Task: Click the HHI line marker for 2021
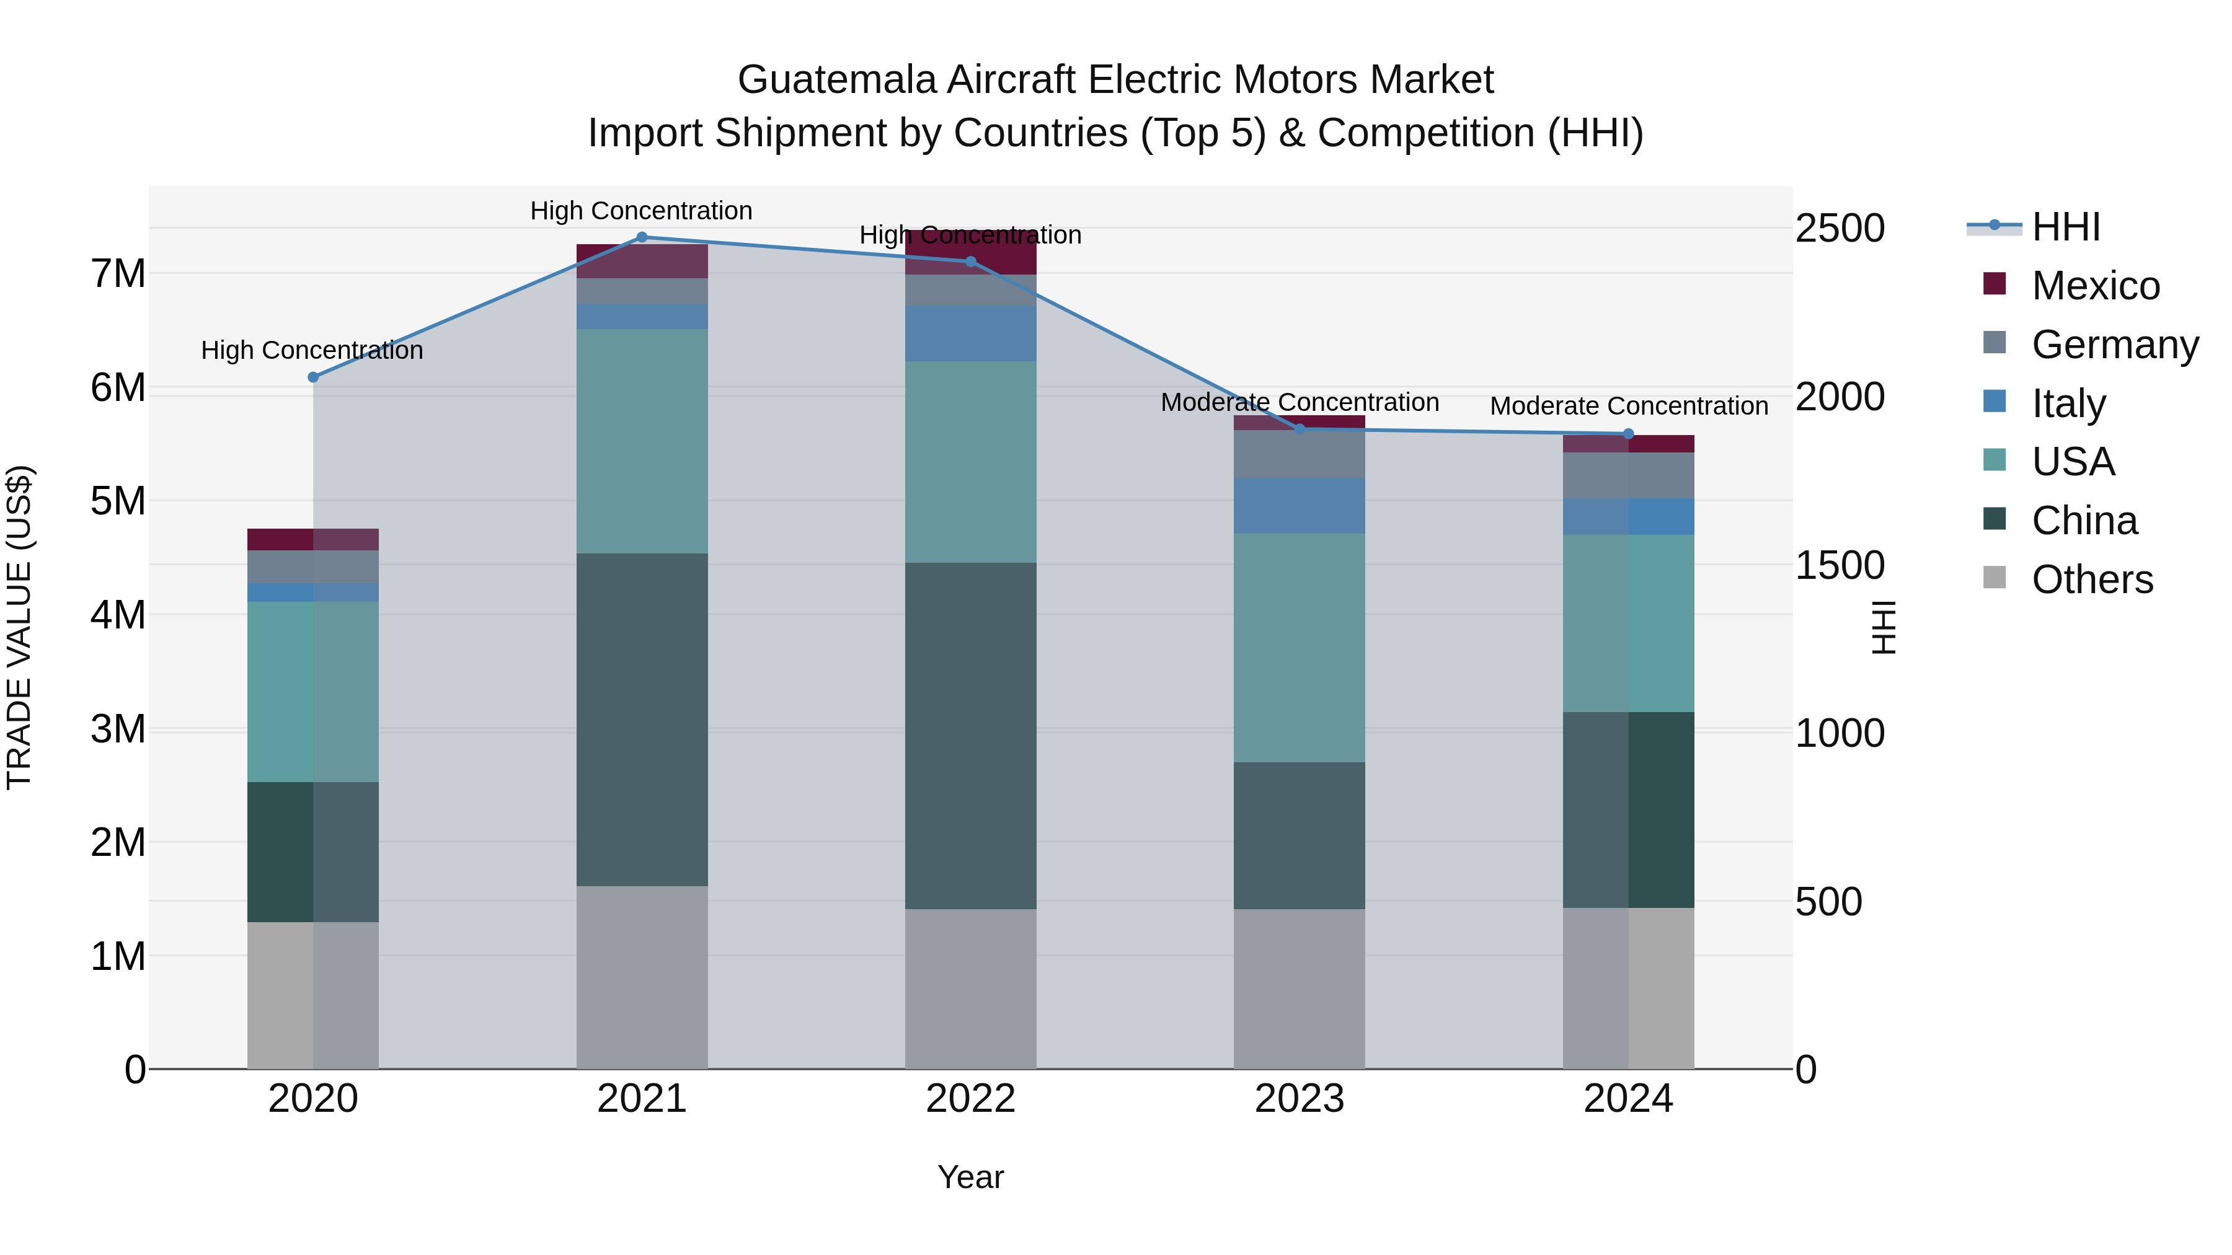642,237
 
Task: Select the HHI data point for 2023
1299,429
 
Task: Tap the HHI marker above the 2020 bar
314,377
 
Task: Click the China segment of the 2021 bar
642,719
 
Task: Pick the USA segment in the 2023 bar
1299,648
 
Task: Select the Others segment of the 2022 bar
970,989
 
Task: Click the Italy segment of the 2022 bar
970,333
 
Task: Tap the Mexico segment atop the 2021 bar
642,261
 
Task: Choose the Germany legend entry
2114,345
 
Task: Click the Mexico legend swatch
1995,284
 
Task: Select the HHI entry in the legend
2066,227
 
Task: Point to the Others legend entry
2092,579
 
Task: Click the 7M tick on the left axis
118,274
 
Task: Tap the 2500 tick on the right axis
1840,229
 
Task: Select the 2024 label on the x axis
1627,1099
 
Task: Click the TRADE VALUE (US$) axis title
20,627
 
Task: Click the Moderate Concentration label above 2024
1628,405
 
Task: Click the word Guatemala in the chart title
836,80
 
